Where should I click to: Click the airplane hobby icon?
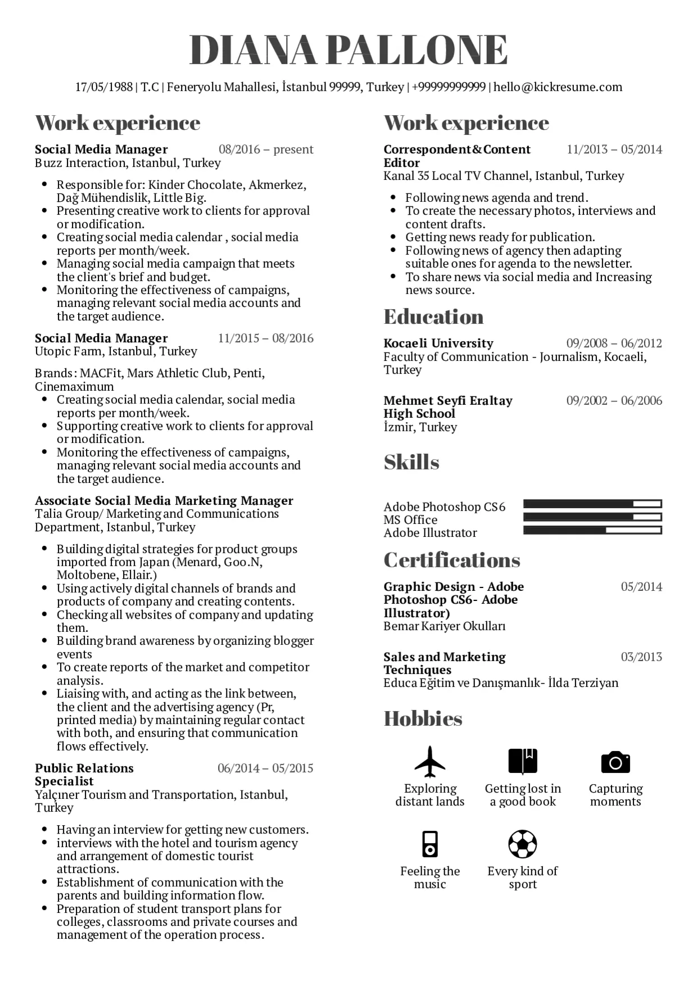click(430, 762)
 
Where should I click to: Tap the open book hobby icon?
click(523, 762)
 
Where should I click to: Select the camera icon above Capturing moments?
click(615, 762)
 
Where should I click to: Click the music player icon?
click(430, 844)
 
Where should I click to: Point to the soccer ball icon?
click(523, 844)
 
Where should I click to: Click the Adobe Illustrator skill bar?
click(592, 530)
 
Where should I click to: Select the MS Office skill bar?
click(592, 517)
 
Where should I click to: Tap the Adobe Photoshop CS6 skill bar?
click(592, 504)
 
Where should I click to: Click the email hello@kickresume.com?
click(558, 87)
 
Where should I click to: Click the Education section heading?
click(433, 316)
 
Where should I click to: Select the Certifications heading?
click(452, 560)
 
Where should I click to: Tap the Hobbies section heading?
click(423, 718)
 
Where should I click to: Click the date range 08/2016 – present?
click(266, 150)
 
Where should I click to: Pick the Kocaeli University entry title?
click(438, 343)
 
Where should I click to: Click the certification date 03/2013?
click(641, 657)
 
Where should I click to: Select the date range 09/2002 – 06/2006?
click(614, 401)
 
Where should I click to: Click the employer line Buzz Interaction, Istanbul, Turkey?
click(128, 163)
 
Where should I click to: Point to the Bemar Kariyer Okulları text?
click(445, 626)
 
